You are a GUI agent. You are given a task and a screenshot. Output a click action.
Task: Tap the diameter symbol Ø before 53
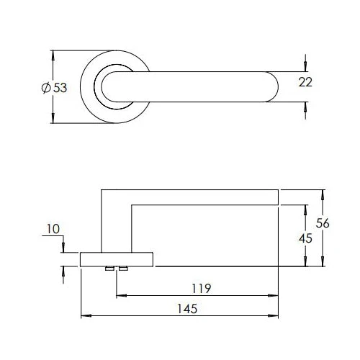coord(46,87)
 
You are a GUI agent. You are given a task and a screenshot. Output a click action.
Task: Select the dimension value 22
coord(305,82)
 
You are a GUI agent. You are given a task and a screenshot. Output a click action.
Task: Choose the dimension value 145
coord(186,308)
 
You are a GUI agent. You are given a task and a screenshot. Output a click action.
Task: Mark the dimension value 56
coord(323,223)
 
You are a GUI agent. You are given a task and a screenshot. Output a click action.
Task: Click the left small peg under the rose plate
coord(109,269)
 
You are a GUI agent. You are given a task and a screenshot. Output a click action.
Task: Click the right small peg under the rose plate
coord(123,269)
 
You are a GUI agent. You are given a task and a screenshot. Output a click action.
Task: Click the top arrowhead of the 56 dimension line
coord(323,193)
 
